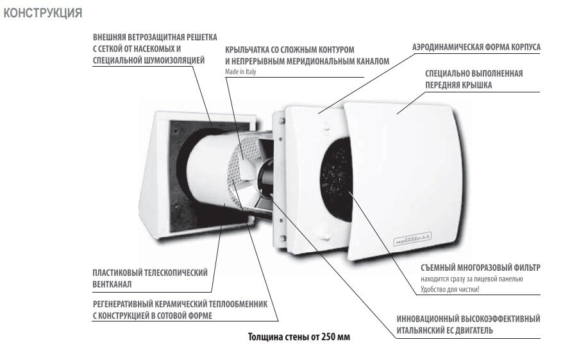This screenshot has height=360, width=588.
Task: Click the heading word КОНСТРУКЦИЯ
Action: [x=42, y=13]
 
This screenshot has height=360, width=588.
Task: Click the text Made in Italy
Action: [x=240, y=71]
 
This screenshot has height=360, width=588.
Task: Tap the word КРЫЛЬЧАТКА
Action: [x=248, y=49]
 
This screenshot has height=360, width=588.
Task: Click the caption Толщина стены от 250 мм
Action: [x=299, y=337]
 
